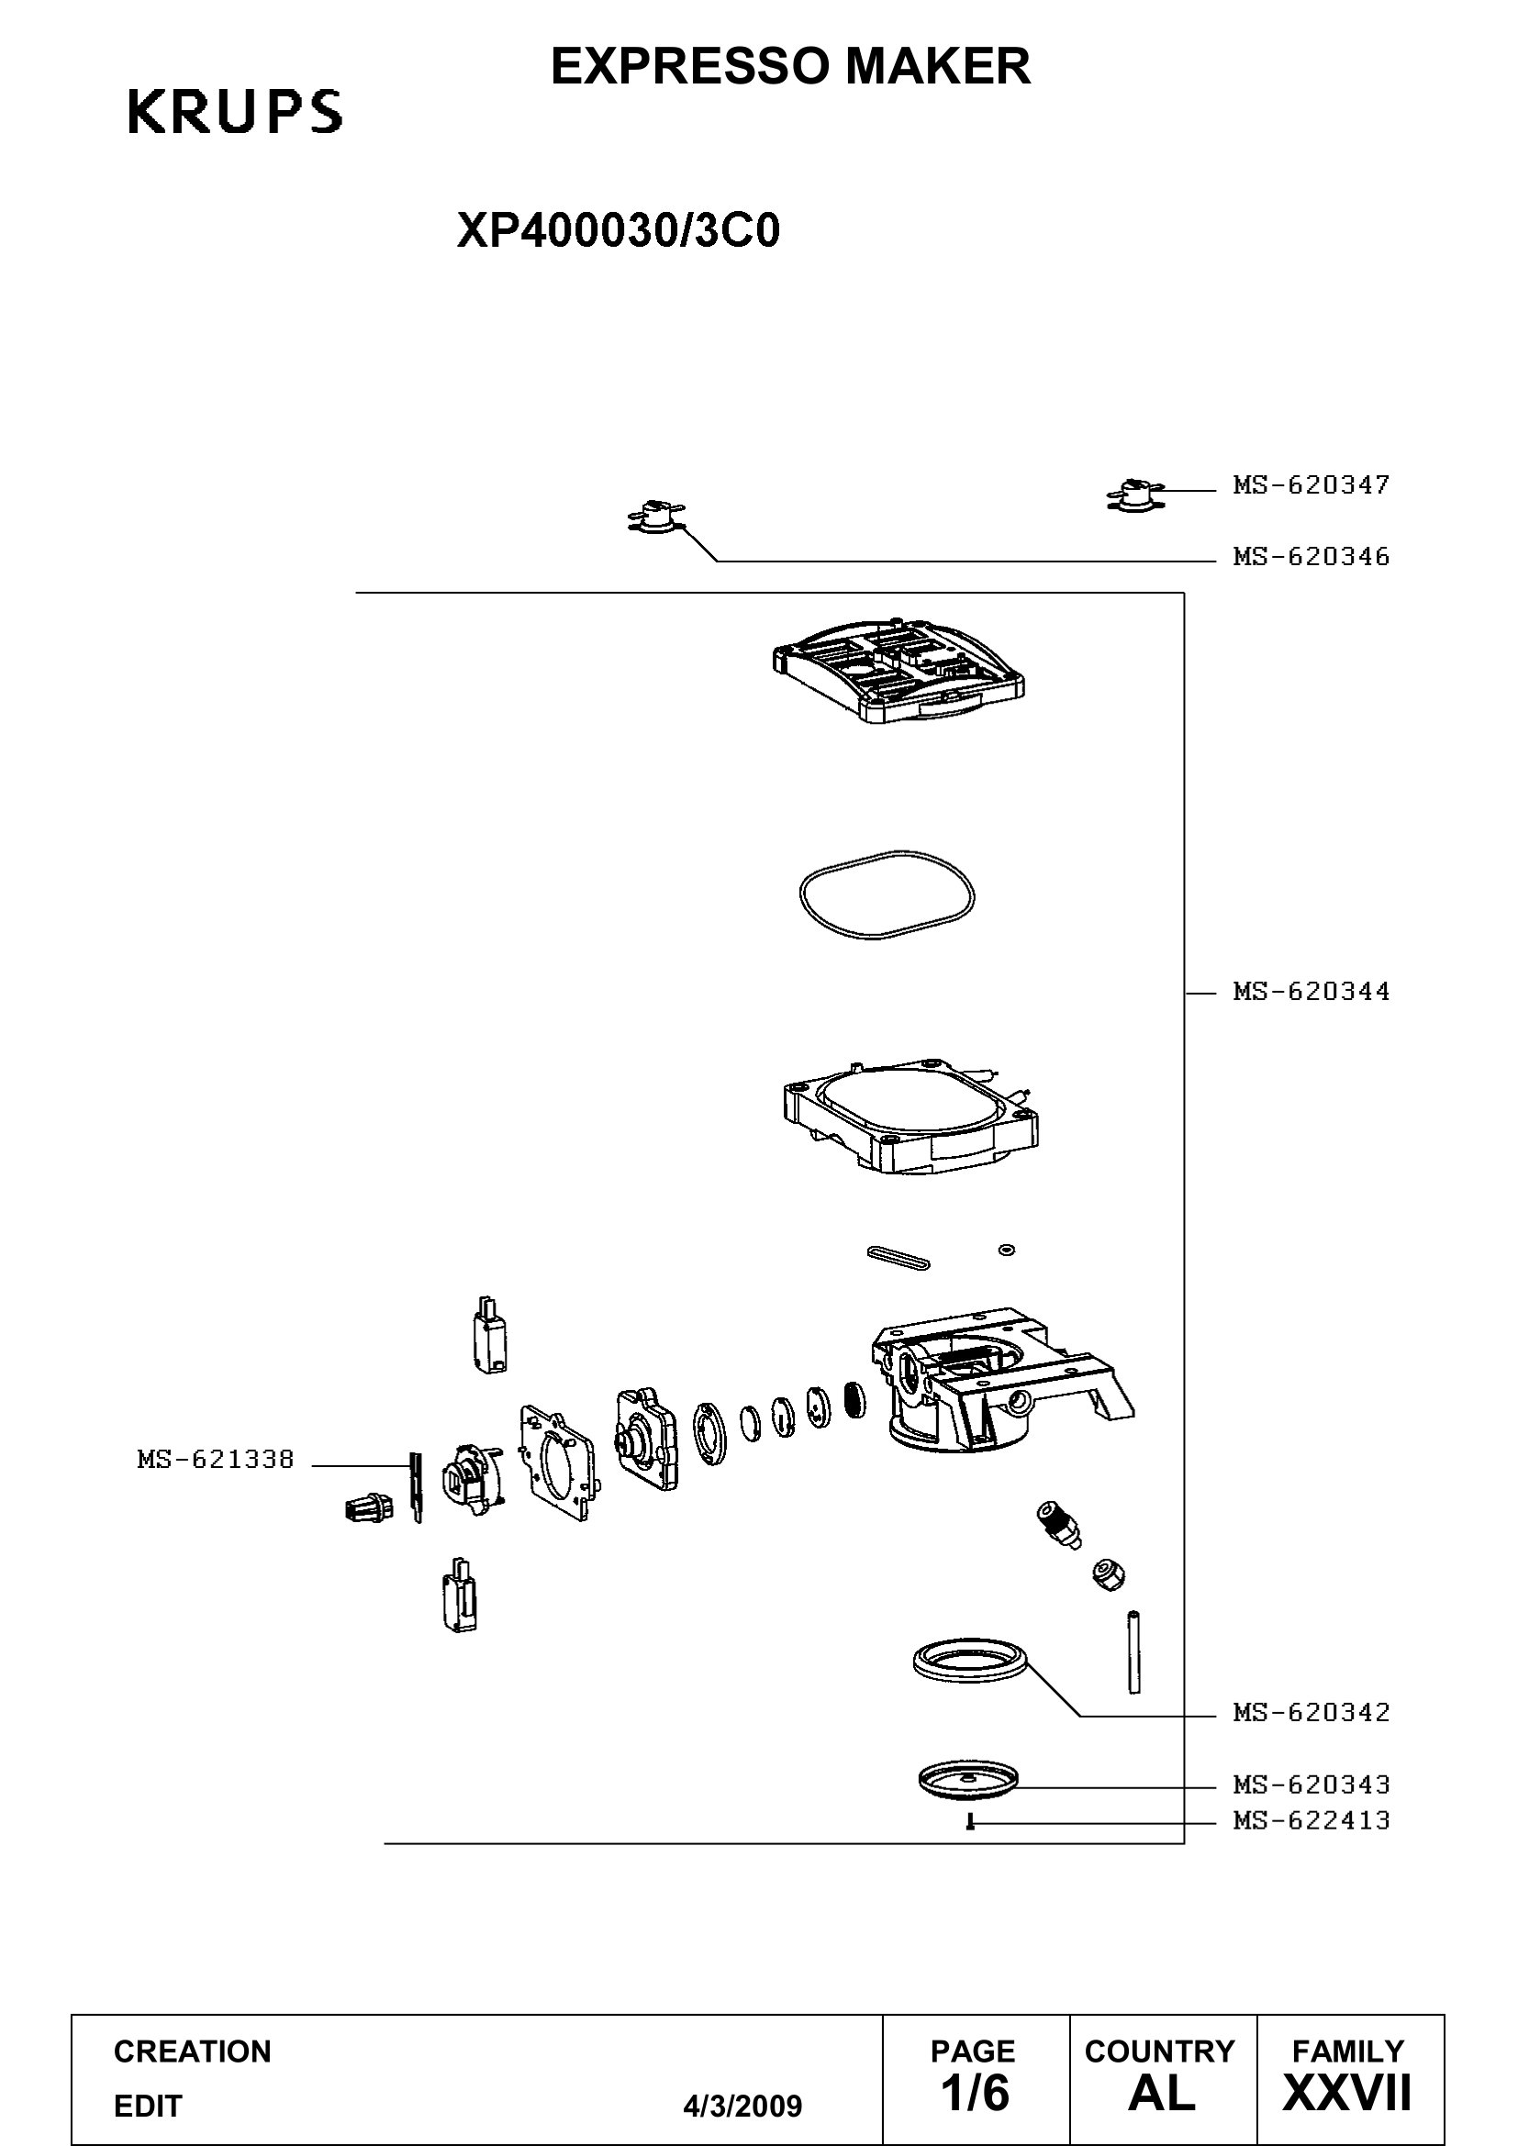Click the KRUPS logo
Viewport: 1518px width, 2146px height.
coord(235,112)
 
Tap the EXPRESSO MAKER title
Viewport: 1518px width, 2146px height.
coord(791,66)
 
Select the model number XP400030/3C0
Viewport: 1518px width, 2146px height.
coord(618,231)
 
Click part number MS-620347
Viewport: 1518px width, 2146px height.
coord(1311,485)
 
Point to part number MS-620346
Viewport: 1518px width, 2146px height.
coord(1311,557)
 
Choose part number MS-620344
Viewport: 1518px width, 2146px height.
coord(1311,991)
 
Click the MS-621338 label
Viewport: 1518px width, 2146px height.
coord(216,1459)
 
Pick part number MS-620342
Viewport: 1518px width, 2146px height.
coord(1311,1712)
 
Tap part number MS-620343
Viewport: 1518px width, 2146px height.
coord(1311,1785)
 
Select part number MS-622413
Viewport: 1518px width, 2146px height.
coord(1311,1820)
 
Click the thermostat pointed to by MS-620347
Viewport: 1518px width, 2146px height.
coord(1134,495)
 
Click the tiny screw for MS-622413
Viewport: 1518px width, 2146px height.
coord(970,1822)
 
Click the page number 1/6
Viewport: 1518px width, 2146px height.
coord(975,2093)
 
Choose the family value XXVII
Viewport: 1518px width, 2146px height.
coord(1347,2093)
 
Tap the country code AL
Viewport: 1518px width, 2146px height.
coord(1161,2093)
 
